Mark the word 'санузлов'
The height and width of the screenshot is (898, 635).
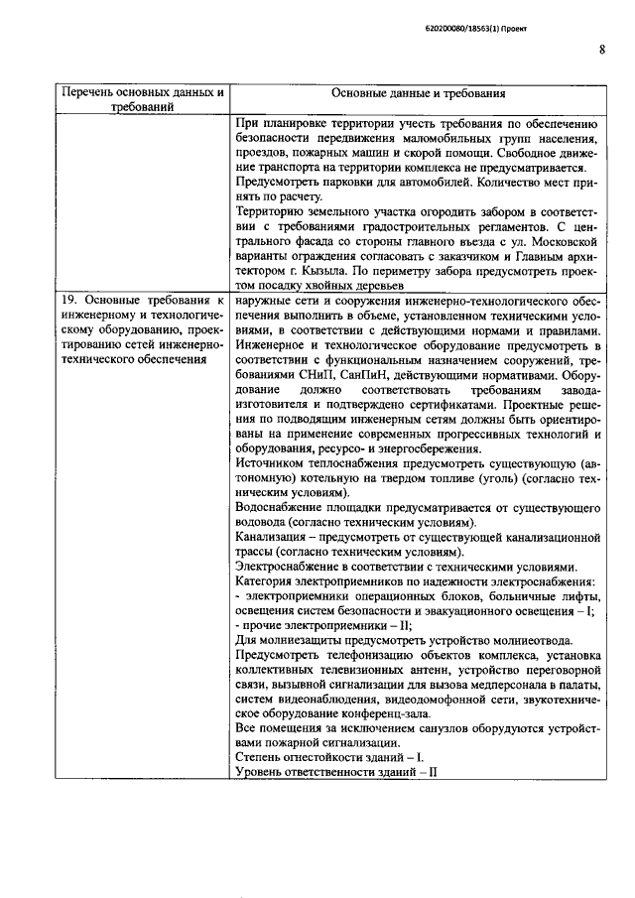(x=425, y=728)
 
